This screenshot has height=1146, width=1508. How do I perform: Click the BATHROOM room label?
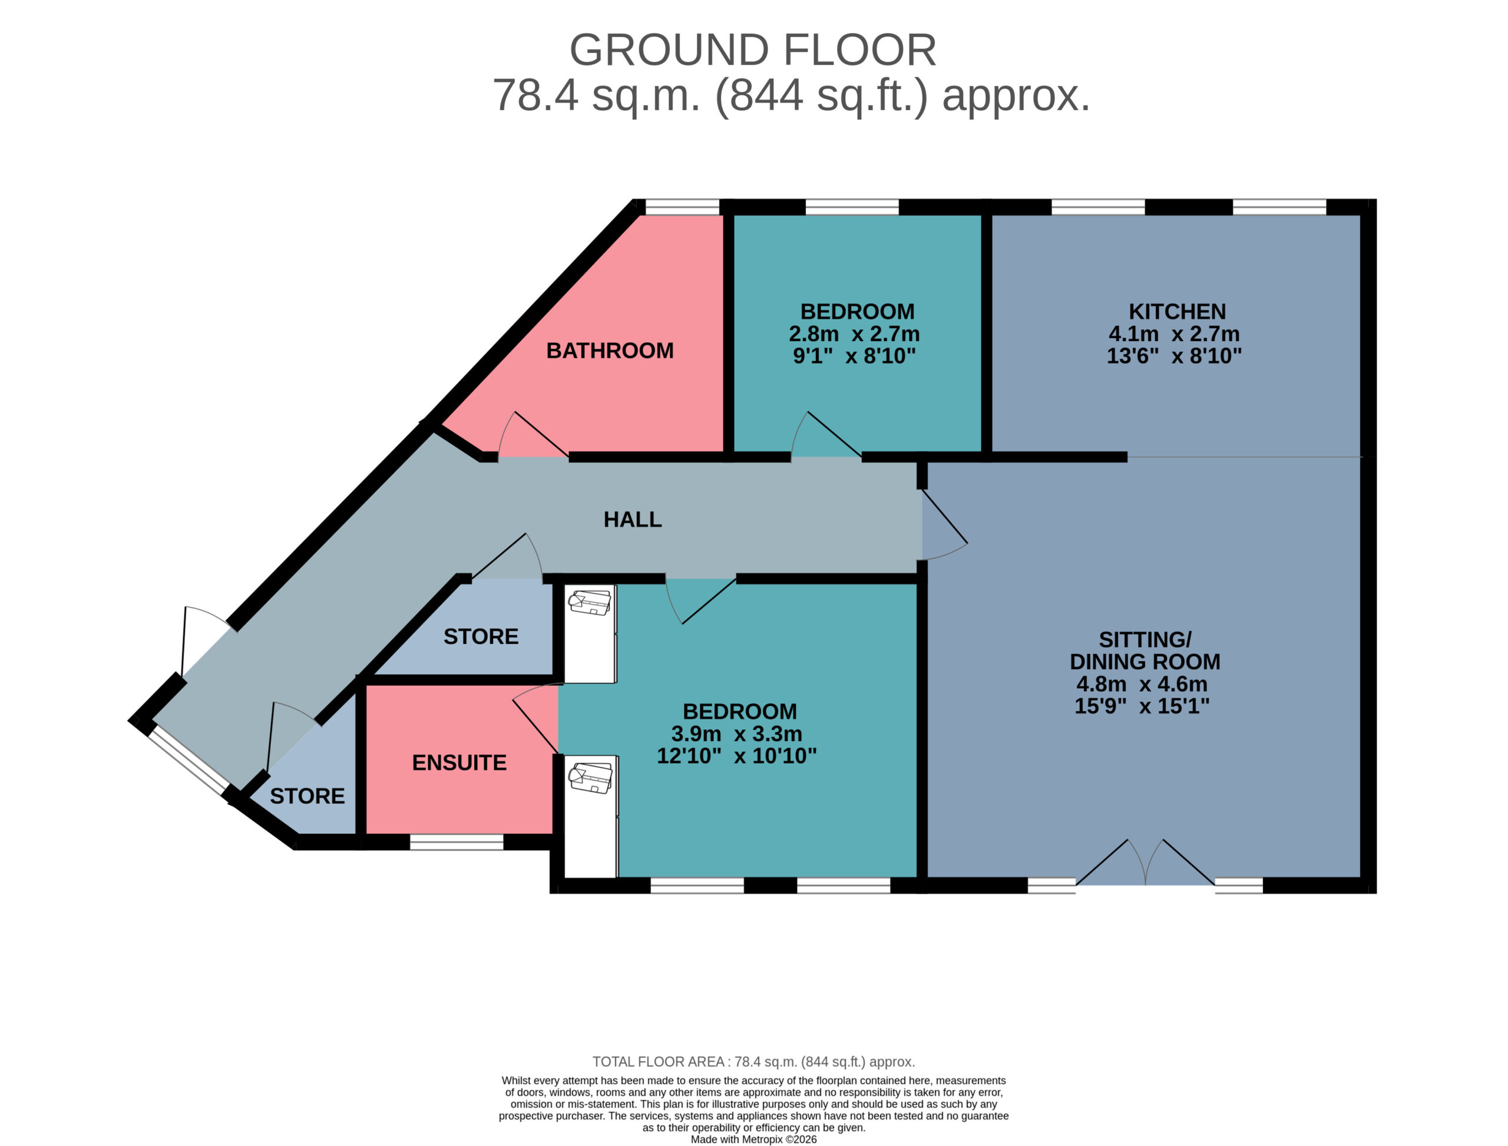tap(610, 351)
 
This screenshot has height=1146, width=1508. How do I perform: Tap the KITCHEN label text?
tap(1177, 312)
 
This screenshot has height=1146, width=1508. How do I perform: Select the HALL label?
tap(632, 520)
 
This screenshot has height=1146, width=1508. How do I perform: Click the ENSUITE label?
tap(459, 762)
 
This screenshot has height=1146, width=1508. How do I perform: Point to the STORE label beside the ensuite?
tap(307, 796)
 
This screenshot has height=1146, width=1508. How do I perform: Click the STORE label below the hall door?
tap(481, 636)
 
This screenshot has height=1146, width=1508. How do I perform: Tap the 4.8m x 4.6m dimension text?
tap(1142, 683)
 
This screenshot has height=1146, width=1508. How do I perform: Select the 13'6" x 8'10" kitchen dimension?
tap(1174, 355)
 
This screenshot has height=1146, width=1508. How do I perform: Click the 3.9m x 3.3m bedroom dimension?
tap(736, 734)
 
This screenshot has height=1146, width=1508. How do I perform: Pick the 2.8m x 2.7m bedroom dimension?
tap(854, 333)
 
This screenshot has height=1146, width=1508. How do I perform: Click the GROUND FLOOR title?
tap(753, 50)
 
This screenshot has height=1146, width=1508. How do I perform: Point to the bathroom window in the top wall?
tap(682, 207)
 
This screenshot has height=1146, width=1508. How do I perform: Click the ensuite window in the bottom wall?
tap(457, 843)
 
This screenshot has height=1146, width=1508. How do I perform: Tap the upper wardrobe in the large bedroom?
tap(591, 634)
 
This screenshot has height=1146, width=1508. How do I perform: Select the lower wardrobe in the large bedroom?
tap(591, 817)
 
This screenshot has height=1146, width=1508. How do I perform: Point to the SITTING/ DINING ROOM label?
tap(1145, 650)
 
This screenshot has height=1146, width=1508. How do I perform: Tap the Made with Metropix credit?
tap(753, 1139)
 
